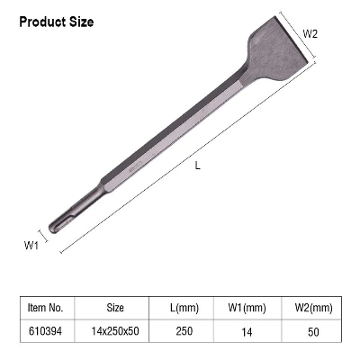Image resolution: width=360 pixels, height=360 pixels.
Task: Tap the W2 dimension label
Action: tap(311, 33)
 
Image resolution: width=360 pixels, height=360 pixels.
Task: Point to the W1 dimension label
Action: tap(30, 244)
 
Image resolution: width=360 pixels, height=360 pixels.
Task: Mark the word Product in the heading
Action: tap(40, 21)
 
